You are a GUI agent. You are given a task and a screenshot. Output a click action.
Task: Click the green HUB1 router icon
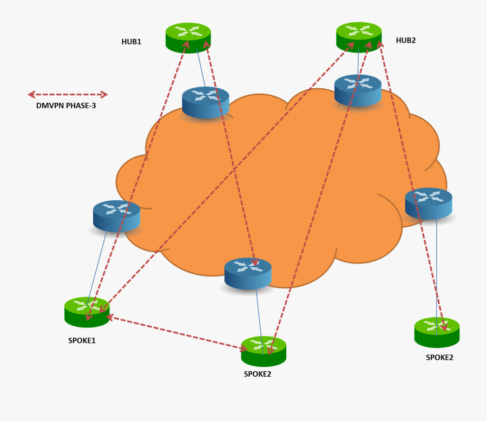pos(188,37)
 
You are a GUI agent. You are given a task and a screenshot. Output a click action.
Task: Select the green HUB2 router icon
pos(359,36)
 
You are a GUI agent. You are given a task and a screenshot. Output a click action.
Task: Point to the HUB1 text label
pos(131,41)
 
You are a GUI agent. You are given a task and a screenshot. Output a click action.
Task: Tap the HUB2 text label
pos(406,40)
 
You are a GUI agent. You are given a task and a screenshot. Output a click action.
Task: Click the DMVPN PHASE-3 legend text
pos(66,106)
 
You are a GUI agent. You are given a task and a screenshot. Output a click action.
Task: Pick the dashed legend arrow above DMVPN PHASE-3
pos(68,95)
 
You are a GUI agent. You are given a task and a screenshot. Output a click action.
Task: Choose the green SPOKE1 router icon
pos(87,312)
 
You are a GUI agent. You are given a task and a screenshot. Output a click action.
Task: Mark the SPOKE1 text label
pos(82,341)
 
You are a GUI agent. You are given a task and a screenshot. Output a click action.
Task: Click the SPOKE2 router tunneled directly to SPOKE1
pos(264,351)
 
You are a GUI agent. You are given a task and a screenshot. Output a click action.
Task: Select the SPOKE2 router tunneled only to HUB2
pos(437,332)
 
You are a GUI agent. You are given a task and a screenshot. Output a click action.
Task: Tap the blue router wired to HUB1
pos(206,102)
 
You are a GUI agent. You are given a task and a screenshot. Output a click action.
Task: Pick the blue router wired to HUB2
pos(358,89)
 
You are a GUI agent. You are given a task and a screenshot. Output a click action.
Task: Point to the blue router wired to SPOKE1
pos(116,215)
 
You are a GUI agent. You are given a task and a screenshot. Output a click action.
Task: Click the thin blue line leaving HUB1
pos(200,68)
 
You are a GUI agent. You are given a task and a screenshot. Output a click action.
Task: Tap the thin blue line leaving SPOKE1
pos(97,265)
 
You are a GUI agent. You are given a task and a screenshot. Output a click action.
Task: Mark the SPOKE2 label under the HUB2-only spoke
pos(439,357)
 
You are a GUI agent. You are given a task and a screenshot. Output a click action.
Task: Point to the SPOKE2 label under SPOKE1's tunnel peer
pos(257,373)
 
